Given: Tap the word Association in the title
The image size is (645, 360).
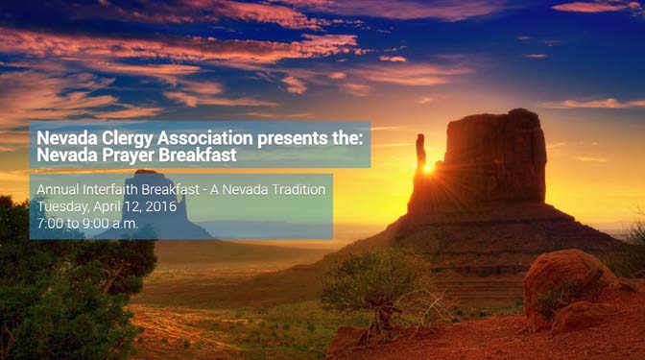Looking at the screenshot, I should [x=209, y=138].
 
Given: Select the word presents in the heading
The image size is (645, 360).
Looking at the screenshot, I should [x=298, y=138].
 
